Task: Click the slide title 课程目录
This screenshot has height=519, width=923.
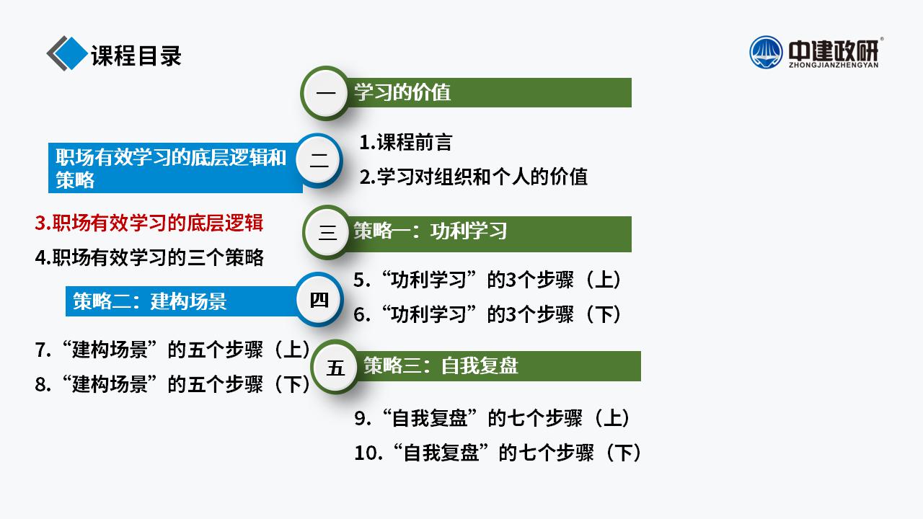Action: tap(136, 56)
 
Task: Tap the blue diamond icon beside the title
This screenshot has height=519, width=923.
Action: tap(71, 53)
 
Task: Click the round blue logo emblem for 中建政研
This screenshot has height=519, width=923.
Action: tap(766, 53)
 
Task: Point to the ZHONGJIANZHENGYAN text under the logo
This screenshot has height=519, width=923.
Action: tap(834, 65)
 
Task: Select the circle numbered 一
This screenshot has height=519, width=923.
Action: tap(326, 93)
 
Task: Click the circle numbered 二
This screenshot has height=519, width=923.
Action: tap(319, 161)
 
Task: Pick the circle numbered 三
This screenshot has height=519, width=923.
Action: tap(327, 232)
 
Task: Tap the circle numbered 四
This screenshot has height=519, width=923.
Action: tap(319, 299)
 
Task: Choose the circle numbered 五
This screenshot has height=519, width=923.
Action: tap(335, 367)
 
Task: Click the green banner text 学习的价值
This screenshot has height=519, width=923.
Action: tap(402, 92)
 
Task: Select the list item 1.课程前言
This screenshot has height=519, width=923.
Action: tap(406, 142)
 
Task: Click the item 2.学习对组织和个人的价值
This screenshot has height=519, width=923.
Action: tap(474, 177)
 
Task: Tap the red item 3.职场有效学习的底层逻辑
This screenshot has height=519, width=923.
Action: tap(149, 223)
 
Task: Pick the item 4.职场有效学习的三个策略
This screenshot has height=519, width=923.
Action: tap(149, 257)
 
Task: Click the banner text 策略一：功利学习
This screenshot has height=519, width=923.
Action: tap(430, 231)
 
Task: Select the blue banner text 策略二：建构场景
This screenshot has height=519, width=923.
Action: tap(149, 301)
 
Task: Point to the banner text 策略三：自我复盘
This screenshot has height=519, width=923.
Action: tap(441, 365)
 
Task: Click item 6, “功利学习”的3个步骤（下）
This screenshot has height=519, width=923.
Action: tap(487, 314)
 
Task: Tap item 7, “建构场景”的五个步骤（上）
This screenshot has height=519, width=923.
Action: tap(172, 350)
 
